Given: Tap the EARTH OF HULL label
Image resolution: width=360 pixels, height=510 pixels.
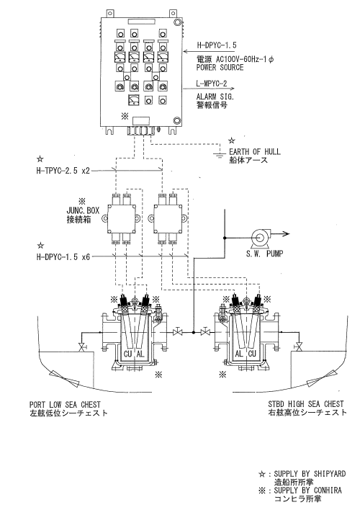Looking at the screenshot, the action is click(x=255, y=151).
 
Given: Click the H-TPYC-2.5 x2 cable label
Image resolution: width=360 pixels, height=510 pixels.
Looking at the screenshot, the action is click(x=63, y=170).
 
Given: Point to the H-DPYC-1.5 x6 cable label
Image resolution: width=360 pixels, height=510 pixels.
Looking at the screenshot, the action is click(x=63, y=257).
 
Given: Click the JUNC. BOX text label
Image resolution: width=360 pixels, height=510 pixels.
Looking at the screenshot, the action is click(x=83, y=210).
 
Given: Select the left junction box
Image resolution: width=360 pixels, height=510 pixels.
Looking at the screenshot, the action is click(x=121, y=218).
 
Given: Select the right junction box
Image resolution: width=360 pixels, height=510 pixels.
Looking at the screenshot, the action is click(x=168, y=218).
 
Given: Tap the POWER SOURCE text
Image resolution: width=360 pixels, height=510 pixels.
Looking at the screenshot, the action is click(x=220, y=67).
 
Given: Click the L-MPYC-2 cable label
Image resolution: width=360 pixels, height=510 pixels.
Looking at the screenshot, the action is click(x=212, y=84).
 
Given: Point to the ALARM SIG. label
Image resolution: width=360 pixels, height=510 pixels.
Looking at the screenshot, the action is click(x=215, y=97).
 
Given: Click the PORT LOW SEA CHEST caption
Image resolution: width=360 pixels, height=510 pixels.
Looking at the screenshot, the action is click(x=65, y=405).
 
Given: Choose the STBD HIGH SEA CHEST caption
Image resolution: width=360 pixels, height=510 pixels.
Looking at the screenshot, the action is click(x=306, y=404).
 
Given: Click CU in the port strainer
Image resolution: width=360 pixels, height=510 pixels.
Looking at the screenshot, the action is click(x=128, y=354).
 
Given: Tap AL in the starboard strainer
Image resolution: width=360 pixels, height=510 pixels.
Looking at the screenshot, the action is click(x=239, y=354).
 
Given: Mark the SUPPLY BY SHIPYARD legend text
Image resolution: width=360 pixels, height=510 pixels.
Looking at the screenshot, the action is click(x=310, y=473).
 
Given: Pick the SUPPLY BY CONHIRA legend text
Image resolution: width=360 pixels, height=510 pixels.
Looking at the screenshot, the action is click(x=307, y=490).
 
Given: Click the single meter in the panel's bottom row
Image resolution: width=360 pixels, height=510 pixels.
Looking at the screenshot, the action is click(x=134, y=100).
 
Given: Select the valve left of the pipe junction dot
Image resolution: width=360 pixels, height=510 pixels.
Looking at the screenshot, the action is click(x=178, y=332).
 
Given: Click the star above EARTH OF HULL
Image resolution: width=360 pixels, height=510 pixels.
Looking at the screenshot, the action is click(x=232, y=140).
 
